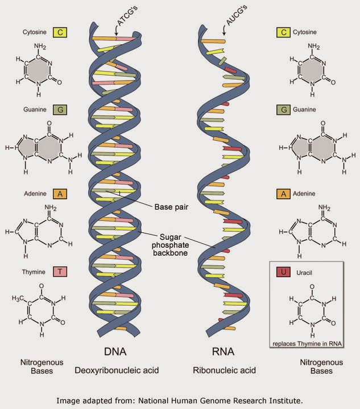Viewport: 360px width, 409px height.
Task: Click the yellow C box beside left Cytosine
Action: (x=60, y=32)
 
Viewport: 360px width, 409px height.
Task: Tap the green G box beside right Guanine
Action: (x=284, y=110)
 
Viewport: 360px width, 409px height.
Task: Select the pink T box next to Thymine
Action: (x=60, y=272)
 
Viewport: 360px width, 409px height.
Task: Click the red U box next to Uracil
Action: (x=284, y=272)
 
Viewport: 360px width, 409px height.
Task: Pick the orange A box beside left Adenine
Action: (x=60, y=194)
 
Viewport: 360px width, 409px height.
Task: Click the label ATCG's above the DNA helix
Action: (x=127, y=16)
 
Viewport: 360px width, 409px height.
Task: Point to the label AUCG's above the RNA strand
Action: (x=236, y=16)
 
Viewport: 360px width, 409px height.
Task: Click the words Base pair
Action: (x=171, y=207)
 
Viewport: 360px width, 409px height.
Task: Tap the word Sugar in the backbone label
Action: (x=170, y=237)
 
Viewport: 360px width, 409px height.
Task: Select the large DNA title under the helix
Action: (x=115, y=352)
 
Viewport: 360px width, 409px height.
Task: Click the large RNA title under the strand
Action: (x=223, y=352)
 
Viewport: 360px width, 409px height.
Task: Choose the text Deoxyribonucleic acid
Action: (x=117, y=370)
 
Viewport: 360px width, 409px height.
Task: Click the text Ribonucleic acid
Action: (x=224, y=370)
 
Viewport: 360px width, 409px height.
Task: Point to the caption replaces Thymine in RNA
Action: (x=307, y=344)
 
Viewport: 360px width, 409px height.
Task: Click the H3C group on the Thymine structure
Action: (x=18, y=298)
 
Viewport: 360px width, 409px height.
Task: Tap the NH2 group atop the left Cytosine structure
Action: (x=40, y=47)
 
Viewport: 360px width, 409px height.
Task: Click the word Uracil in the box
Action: (x=304, y=273)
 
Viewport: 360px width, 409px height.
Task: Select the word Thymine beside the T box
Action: (x=34, y=272)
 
